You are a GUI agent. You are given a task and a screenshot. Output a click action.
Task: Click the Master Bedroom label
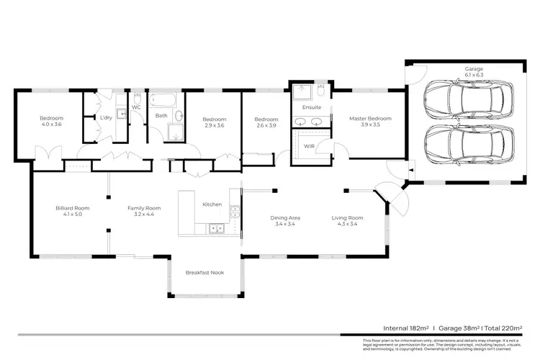click(x=370, y=118)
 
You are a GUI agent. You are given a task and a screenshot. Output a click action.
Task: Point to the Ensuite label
click(x=311, y=107)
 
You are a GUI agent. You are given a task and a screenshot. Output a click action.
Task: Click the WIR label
click(x=310, y=145)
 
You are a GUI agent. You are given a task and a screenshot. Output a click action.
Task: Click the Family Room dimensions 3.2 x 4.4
click(x=143, y=215)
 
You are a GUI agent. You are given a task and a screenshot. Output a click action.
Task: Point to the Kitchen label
click(x=212, y=204)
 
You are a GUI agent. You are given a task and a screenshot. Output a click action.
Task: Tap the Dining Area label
click(x=285, y=217)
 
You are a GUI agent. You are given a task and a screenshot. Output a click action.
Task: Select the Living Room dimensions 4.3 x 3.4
click(x=347, y=224)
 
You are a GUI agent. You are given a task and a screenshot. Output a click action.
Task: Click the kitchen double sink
click(x=215, y=230)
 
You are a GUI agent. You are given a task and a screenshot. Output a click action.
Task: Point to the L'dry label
click(x=105, y=117)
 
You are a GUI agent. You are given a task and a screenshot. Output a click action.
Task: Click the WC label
click(x=135, y=107)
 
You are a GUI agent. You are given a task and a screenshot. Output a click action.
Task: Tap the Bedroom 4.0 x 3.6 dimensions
click(x=51, y=125)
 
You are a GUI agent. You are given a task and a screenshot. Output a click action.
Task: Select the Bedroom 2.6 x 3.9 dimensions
click(x=266, y=125)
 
